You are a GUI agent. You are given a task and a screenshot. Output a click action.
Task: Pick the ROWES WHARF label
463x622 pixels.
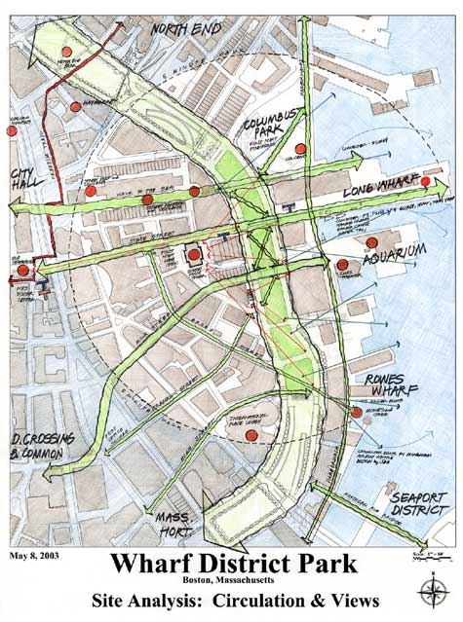coord(381,387)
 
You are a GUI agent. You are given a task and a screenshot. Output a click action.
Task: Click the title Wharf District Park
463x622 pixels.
coord(231,565)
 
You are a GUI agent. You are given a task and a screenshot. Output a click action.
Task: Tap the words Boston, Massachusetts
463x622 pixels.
coord(231,581)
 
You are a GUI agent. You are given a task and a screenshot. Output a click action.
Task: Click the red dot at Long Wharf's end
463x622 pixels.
coord(426,181)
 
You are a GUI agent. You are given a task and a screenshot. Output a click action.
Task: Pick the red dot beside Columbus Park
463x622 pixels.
coord(300,149)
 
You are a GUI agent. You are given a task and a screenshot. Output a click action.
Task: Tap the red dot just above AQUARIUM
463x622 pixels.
coord(372,242)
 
